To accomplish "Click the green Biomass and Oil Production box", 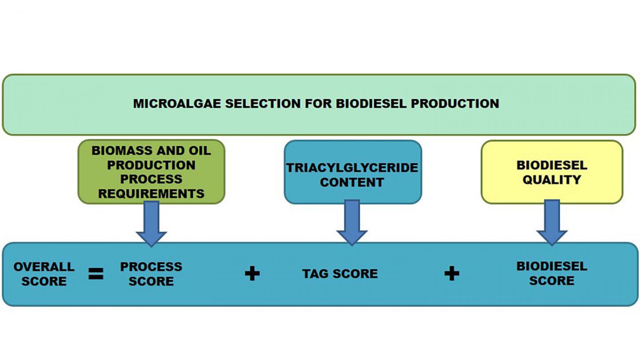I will tap(151, 172).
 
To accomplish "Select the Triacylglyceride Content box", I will tap(352, 172).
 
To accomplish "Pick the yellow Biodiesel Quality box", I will tap(552, 172).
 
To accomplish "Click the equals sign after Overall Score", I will tap(96, 274).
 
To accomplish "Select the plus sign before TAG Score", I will tap(252, 274).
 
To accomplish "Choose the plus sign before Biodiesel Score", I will tap(452, 274).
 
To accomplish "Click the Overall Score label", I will tap(44, 274).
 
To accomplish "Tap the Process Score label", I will tap(151, 274).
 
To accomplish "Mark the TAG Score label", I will tap(340, 274).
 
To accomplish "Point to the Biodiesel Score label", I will tap(552, 273).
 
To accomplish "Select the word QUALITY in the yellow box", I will tap(552, 180).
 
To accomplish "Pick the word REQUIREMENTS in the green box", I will tap(151, 194).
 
